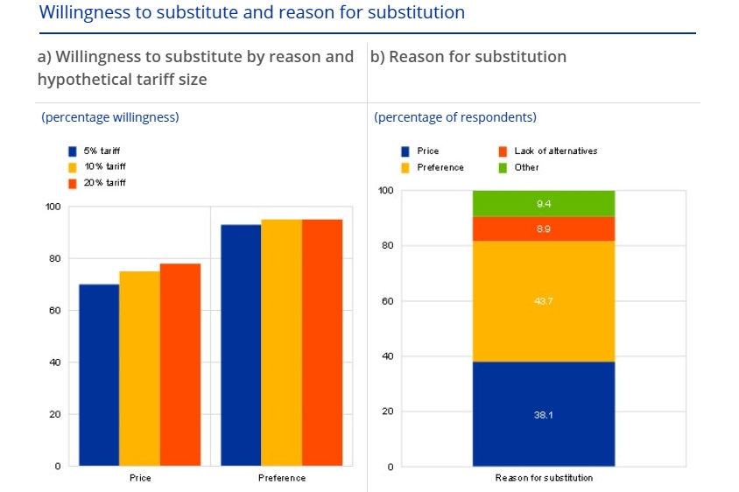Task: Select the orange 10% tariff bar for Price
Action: (139, 369)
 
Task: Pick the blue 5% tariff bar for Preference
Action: (241, 345)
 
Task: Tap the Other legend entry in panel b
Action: (526, 166)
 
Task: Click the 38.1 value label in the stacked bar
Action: (543, 414)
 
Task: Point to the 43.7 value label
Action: (543, 301)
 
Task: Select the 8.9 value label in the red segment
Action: (543, 228)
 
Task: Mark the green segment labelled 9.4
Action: (543, 203)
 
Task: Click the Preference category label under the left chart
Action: (282, 478)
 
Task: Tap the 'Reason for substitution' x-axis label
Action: (544, 478)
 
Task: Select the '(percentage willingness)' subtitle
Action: (110, 117)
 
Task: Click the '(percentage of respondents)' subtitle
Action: (455, 117)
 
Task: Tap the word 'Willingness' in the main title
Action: (81, 13)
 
